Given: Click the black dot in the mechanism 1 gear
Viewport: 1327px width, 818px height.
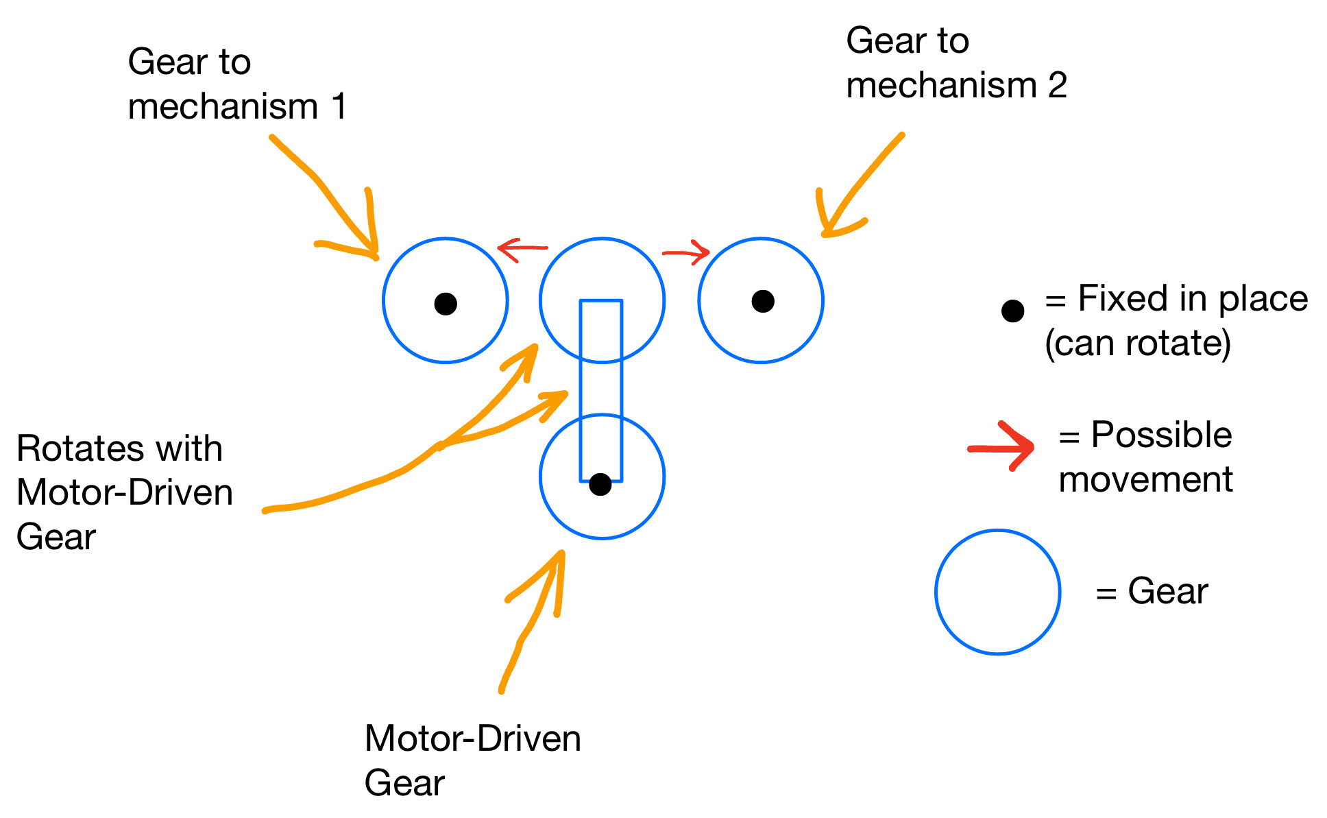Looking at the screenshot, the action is [x=446, y=304].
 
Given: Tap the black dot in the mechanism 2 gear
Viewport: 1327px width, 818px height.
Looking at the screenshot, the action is [x=763, y=301].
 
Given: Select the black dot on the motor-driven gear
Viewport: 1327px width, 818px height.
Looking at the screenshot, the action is [x=600, y=484].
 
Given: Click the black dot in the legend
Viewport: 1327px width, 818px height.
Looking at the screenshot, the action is [x=1012, y=311].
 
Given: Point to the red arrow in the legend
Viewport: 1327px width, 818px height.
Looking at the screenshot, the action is [x=1001, y=448].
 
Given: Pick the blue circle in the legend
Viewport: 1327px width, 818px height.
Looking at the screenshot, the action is [x=936, y=592].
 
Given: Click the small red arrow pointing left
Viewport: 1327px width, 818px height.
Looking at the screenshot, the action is [x=522, y=249].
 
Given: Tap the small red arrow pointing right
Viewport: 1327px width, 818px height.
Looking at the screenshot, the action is [x=686, y=253].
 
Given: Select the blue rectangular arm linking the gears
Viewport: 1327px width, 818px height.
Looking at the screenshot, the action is [x=581, y=391].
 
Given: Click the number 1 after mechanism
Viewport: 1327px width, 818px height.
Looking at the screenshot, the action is [x=339, y=107].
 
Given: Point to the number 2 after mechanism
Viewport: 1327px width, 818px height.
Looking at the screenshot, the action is [x=1058, y=85].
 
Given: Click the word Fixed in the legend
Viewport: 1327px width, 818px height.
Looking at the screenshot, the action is [x=1123, y=299].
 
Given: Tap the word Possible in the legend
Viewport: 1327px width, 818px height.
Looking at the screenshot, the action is [x=1162, y=436].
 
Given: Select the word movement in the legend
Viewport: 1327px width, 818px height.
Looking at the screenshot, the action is [x=1146, y=479].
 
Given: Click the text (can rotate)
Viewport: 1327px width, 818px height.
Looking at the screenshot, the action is [x=1138, y=343].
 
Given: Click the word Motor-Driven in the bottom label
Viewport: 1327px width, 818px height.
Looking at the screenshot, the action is [x=473, y=739].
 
